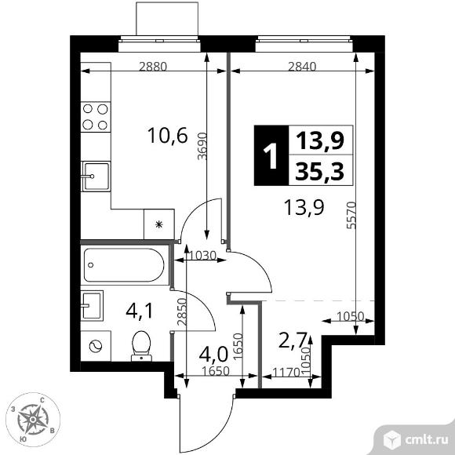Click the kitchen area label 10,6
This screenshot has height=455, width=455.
coord(168,136)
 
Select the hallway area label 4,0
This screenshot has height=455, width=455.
coord(213,354)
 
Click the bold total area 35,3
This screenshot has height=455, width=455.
coord(319,171)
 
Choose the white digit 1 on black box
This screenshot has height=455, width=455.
coord(271,157)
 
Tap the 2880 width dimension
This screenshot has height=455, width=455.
coord(153,67)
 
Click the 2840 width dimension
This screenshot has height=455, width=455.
coord(302,67)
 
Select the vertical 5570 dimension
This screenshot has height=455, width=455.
coord(351,215)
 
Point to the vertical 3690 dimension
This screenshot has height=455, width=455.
coord(202,146)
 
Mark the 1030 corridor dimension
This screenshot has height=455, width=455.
coord(202,256)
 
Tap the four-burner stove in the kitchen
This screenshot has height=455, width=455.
coord(96,117)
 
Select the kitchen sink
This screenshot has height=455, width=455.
coord(96,177)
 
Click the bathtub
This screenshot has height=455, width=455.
coord(124,265)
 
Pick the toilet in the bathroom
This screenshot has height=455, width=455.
coord(141,346)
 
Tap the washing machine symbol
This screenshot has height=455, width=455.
coord(95,346)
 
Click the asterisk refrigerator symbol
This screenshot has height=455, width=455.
coord(158,224)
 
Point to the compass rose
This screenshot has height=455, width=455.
coord(33,420)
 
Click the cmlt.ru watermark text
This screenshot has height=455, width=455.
coord(426,440)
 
